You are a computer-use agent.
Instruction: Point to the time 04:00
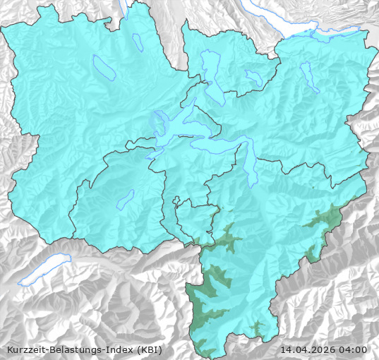coord(354,349)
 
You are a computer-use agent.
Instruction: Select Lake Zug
coord(212,71)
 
